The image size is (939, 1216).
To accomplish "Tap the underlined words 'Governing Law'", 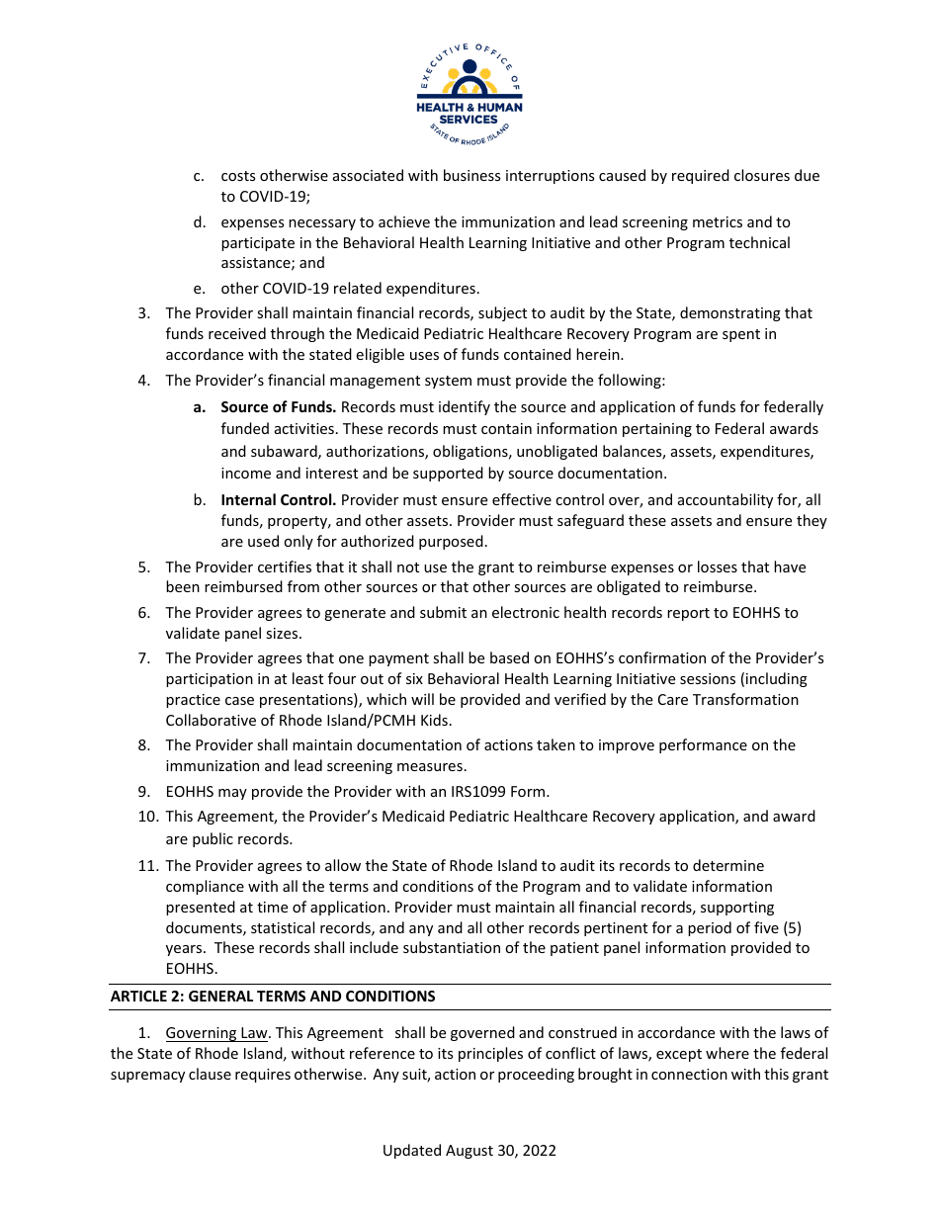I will tap(216, 1033).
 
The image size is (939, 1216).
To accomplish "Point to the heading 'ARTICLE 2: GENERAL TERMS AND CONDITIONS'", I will tap(273, 997).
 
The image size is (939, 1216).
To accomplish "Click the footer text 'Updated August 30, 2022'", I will tap(469, 1151).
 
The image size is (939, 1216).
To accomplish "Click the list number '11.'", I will tap(148, 865).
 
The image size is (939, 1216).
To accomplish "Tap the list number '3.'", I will tap(143, 313).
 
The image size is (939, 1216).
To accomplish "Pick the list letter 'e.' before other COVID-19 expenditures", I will tap(199, 289).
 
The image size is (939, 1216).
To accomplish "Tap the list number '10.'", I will tap(148, 817).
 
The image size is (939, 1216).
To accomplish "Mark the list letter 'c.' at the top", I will tap(199, 176).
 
